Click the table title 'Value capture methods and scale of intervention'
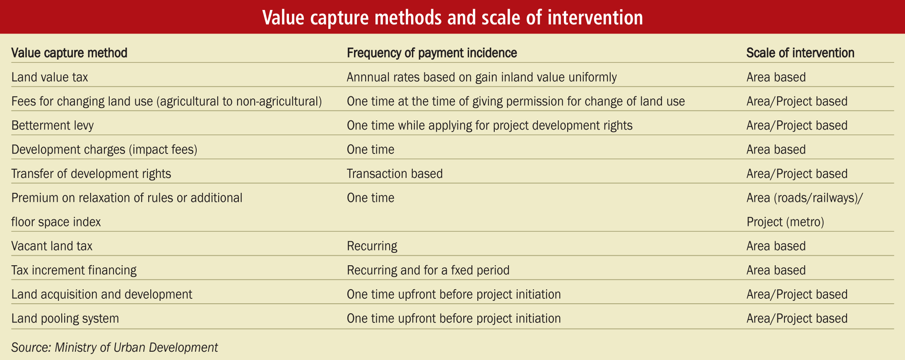point(452,17)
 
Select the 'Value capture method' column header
point(69,53)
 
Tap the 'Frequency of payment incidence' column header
point(432,53)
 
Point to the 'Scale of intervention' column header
point(800,53)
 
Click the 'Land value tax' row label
point(50,77)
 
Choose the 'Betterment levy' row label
point(53,125)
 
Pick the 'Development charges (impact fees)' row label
point(104,149)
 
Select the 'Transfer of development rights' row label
point(91,173)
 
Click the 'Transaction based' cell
point(395,173)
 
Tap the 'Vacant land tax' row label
point(52,246)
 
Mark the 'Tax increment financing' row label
point(74,270)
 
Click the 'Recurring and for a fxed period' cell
point(428,270)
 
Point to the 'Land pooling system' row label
point(65,318)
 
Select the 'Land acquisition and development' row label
point(102,294)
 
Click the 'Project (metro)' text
point(785,222)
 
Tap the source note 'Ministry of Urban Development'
point(136,347)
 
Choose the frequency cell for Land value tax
point(482,77)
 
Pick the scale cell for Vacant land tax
point(776,246)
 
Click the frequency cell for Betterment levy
point(490,125)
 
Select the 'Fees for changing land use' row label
point(166,101)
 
